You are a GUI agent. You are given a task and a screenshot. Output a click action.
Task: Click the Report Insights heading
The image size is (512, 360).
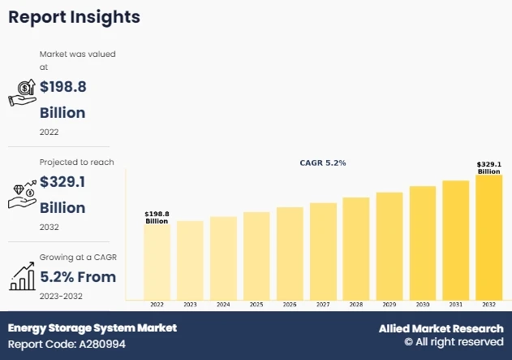[74, 17]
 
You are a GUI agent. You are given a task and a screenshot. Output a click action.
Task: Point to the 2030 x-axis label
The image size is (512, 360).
[423, 304]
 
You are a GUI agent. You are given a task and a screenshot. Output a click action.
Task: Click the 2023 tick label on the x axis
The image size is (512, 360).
[190, 304]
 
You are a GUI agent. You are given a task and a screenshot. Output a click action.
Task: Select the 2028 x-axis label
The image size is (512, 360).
[356, 304]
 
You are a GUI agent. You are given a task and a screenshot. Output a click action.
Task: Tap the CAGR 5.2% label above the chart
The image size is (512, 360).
[323, 163]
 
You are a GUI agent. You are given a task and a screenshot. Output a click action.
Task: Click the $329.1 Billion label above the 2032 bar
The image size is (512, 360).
[488, 167]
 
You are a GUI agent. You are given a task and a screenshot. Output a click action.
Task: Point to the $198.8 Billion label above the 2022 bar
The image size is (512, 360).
[157, 217]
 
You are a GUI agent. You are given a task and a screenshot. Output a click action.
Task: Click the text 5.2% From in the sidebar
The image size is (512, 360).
[78, 277]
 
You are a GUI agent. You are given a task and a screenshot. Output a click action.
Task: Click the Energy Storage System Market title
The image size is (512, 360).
[92, 328]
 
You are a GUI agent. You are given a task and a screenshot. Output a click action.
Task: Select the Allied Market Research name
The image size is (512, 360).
[441, 328]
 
